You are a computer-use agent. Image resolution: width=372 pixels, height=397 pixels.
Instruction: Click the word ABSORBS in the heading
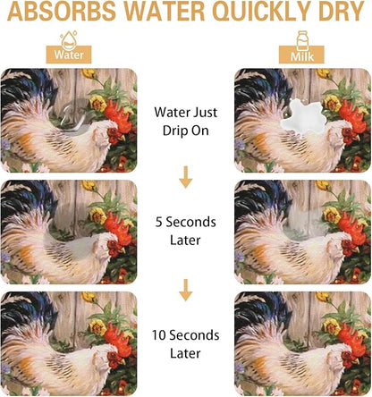tap(62, 12)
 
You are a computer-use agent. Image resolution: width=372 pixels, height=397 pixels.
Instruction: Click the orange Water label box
tap(69, 55)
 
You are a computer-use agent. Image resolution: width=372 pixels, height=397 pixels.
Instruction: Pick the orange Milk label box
tap(301, 55)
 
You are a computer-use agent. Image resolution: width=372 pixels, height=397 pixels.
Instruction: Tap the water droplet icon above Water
tap(69, 38)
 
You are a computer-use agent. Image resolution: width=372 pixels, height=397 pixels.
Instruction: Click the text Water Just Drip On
tap(186, 122)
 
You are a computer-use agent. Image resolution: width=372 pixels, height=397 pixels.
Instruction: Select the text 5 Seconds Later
tap(185, 231)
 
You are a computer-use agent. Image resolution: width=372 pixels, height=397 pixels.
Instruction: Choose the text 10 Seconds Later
tap(185, 344)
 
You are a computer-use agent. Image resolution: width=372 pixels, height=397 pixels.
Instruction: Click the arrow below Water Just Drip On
tap(186, 177)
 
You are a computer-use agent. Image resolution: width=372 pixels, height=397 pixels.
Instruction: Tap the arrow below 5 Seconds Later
tap(186, 290)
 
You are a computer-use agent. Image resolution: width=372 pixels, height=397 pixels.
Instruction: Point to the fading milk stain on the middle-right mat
tap(303, 225)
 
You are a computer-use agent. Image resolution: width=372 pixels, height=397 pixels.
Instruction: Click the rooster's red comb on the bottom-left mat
tap(119, 336)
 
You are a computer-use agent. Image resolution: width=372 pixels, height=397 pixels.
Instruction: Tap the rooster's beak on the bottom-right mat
tap(356, 360)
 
